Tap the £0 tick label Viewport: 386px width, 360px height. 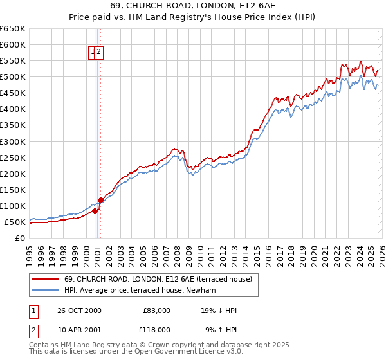(20, 238)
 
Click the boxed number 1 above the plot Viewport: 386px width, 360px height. (93, 53)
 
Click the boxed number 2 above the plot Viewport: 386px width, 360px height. (100, 53)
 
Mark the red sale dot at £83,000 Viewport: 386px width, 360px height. (95, 211)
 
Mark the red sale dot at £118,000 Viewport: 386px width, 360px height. (100, 200)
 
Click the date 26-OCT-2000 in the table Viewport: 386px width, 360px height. (80, 310)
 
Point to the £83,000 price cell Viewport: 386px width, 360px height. (156, 310)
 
